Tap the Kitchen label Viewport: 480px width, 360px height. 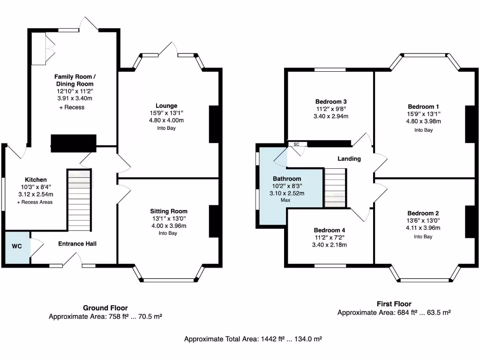pos(36,180)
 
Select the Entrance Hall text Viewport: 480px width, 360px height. pos(77,244)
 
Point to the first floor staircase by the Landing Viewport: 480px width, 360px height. pos(335,187)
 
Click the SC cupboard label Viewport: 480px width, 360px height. pos(296,144)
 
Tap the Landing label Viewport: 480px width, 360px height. pos(349,158)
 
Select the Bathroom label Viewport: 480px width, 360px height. pos(287,179)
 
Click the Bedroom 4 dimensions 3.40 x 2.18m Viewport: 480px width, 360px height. pos(330,245)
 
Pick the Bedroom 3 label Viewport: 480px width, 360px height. pos(330,102)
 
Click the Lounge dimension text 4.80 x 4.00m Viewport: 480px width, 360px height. pos(166,120)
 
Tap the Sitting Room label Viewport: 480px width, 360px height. pos(169,211)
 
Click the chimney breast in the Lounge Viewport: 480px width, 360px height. pos(214,124)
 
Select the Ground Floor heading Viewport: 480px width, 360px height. pos(105,308)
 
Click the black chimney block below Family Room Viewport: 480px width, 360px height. pos(73,143)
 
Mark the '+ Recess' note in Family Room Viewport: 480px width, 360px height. pos(72,107)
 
